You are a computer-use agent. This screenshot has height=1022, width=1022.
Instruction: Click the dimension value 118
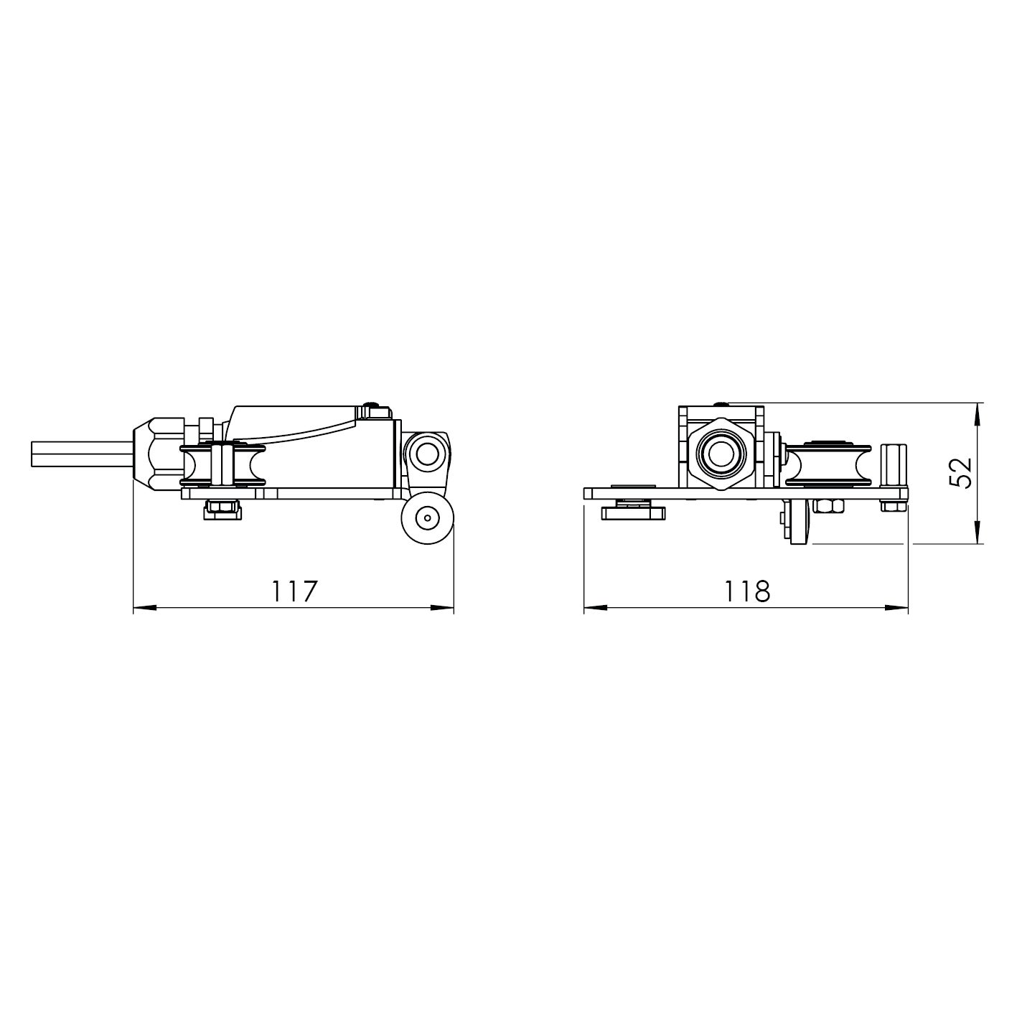(x=746, y=591)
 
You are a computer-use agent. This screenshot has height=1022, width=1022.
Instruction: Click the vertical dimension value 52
(x=960, y=472)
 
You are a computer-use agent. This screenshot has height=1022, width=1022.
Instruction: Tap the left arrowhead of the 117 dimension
(x=145, y=608)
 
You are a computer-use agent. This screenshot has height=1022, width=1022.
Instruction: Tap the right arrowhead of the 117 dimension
(x=442, y=608)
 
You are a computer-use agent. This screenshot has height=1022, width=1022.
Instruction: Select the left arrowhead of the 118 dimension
(x=596, y=608)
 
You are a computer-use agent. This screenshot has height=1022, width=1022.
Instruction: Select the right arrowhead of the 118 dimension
(x=896, y=608)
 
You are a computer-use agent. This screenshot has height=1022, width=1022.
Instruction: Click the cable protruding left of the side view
(x=82, y=454)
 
